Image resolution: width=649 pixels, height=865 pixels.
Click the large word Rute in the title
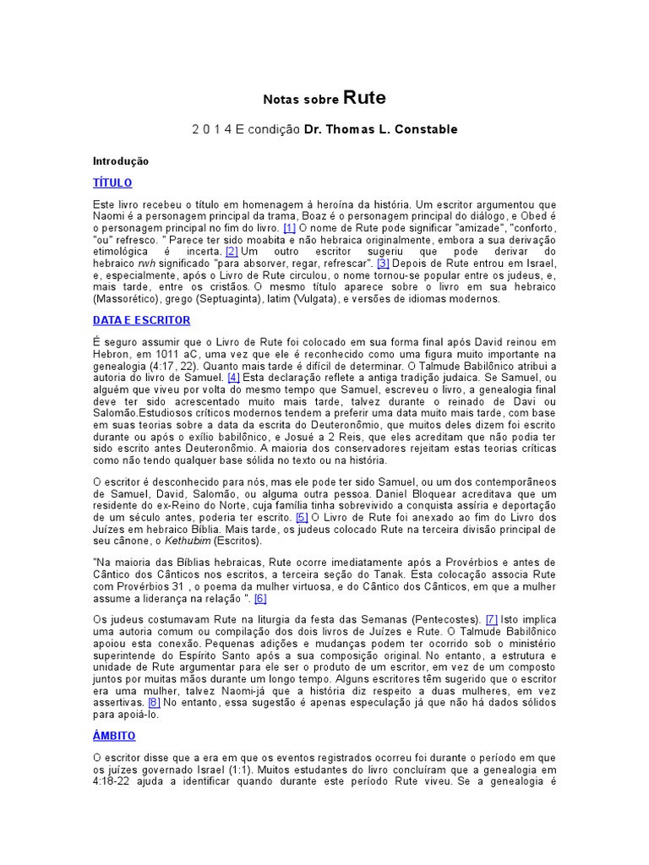(364, 97)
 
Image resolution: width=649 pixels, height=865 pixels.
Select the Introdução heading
(120, 160)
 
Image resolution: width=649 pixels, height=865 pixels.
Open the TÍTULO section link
(112, 182)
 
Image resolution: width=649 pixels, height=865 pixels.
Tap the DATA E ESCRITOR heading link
(141, 320)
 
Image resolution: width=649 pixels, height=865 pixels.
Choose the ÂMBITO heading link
(114, 736)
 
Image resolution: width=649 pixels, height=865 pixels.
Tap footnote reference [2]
(232, 252)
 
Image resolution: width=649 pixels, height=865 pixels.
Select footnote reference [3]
(383, 264)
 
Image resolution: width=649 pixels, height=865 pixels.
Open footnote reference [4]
(234, 378)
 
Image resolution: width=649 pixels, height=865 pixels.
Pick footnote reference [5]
(302, 517)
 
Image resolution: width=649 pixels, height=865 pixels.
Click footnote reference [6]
(260, 599)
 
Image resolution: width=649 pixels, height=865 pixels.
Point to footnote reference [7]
(492, 619)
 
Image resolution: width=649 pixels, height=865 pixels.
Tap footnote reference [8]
(154, 702)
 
